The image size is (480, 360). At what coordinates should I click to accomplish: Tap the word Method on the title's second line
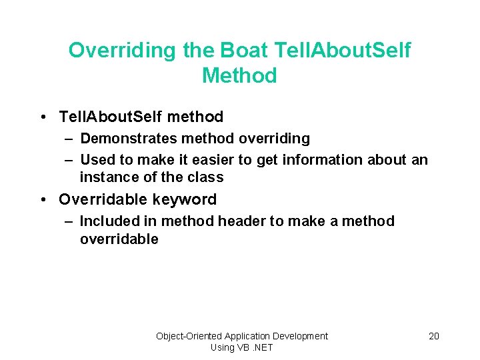click(239, 75)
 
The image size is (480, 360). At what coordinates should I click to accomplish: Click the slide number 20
click(433, 336)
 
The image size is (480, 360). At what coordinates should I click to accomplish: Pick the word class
click(205, 177)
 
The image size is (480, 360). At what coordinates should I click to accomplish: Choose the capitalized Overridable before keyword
click(103, 199)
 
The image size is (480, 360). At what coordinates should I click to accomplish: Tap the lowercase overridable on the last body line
click(119, 239)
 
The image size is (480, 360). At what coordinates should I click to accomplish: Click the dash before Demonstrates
click(69, 139)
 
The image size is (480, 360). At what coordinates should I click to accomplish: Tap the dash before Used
click(69, 161)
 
